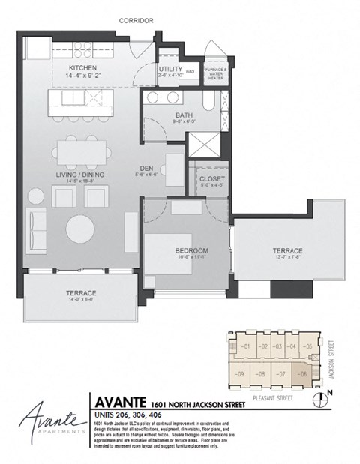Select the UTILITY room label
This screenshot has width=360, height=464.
167,69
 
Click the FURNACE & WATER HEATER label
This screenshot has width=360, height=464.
215,73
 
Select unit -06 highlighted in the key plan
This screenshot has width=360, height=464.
304,373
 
